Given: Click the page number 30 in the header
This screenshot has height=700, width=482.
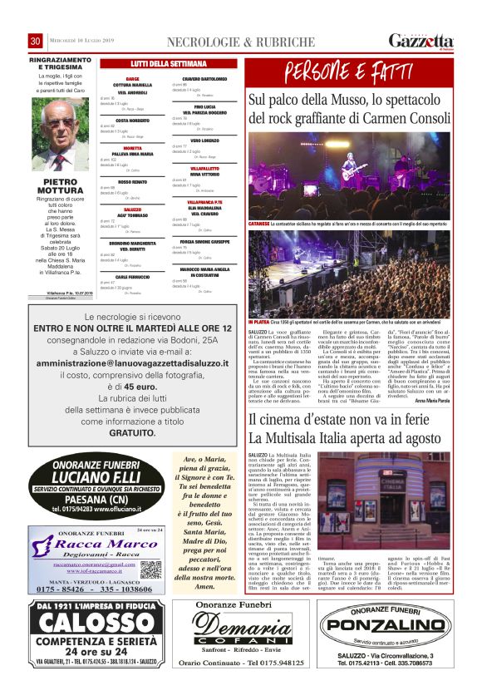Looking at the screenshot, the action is coord(36,42).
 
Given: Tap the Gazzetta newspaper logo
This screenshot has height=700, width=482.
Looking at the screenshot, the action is coord(421,42).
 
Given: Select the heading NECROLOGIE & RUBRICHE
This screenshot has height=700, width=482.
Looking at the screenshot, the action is coord(241,42).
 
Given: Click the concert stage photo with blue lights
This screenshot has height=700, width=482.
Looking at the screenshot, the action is coord(350,176).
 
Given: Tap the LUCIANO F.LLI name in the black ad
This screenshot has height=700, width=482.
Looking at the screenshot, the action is coord(99,478).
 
